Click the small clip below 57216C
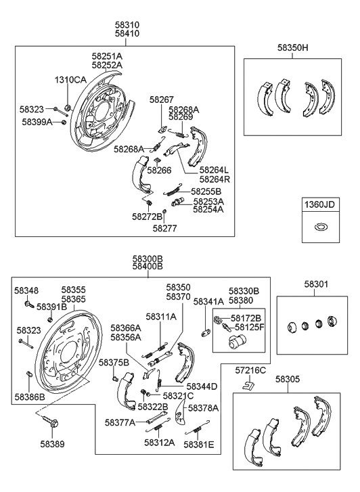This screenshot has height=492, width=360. click(248, 386)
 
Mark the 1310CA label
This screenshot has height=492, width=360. click(70, 80)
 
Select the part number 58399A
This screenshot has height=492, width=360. click(37, 122)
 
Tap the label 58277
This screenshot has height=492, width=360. click(164, 229)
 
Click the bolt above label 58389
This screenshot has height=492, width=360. click(51, 422)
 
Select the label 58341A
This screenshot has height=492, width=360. click(208, 302)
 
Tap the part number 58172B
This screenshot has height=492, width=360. click(246, 317)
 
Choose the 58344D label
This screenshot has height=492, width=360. click(202, 386)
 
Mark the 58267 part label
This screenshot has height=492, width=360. click(162, 99)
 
